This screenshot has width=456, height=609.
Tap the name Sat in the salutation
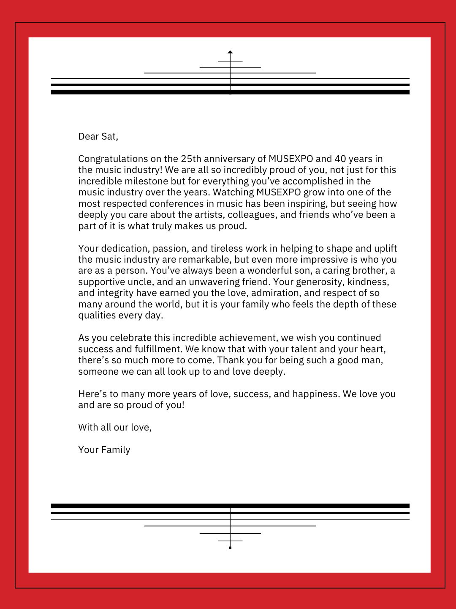coord(110,136)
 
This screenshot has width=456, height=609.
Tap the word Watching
coord(233,192)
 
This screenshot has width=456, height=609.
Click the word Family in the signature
coord(116,450)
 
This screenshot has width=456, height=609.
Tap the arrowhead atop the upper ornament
coord(230,52)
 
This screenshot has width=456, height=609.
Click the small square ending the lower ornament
coord(230,548)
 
